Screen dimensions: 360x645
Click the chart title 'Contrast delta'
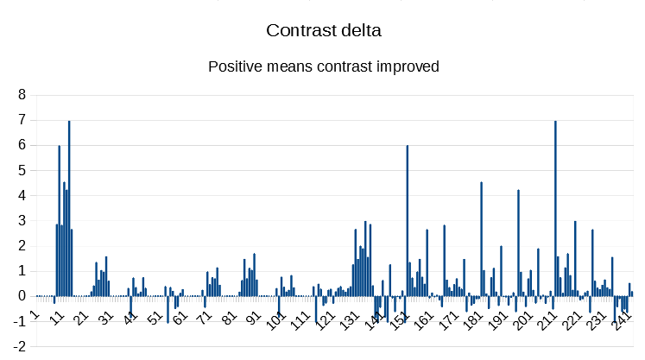pos(324,30)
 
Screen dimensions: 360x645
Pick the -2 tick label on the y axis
pos(19,346)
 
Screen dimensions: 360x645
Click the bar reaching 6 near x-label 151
pos(408,220)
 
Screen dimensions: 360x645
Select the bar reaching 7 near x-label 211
pos(555,207)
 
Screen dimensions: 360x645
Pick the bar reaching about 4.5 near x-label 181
pos(481,238)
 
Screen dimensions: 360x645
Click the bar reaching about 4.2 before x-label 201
pos(518,242)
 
